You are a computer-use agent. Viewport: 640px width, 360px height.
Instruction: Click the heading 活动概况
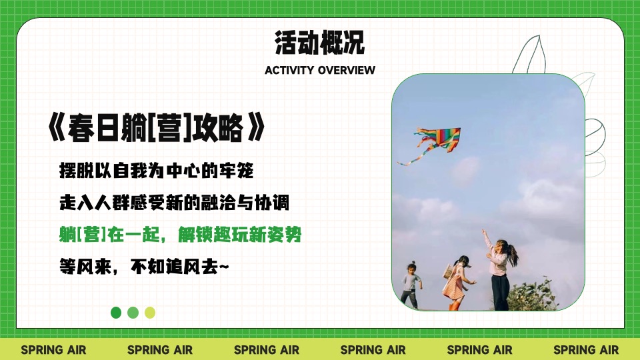[x=319, y=43]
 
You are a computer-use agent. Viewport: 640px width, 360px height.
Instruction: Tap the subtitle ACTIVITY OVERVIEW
[x=319, y=70]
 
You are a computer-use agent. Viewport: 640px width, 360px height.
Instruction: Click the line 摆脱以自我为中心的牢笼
[x=157, y=171]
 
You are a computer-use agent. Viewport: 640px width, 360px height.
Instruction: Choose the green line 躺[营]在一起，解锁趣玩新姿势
[x=183, y=235]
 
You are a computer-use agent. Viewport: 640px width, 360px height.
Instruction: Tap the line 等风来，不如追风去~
[x=144, y=267]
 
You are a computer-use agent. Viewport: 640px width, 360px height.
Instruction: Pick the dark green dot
[x=116, y=312]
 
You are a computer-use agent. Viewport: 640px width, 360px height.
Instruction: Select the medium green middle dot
[x=133, y=312]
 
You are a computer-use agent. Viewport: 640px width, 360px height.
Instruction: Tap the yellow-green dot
[x=150, y=312]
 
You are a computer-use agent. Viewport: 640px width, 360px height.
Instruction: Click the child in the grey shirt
[x=410, y=284]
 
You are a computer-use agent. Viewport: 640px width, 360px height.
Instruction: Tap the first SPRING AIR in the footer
[x=53, y=349]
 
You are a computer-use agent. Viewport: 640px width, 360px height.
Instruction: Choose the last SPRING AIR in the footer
[x=586, y=349]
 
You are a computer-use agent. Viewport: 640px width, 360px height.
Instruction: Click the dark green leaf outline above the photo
[x=533, y=53]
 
